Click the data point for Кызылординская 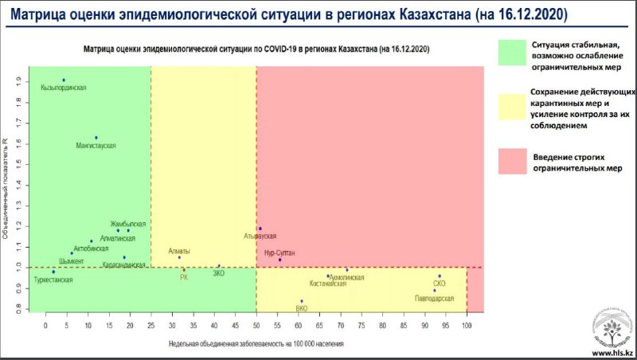[x=64, y=80]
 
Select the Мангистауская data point [x=96, y=138]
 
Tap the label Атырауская [x=260, y=237]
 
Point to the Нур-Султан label [x=279, y=252]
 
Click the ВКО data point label [x=301, y=308]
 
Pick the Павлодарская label [x=435, y=298]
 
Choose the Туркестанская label [x=53, y=280]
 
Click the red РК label [x=184, y=277]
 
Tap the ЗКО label [x=219, y=273]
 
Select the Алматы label [x=179, y=251]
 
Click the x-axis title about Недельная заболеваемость [x=256, y=343]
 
